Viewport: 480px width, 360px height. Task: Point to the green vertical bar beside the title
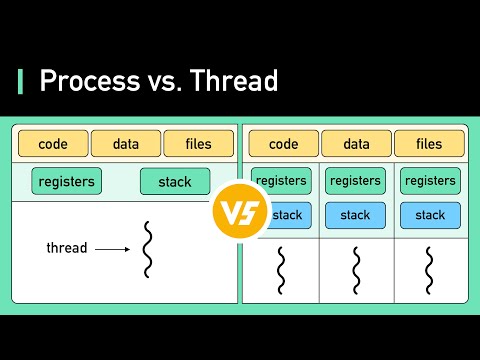pyautogui.click(x=20, y=81)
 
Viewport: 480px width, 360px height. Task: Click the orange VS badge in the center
pyautogui.click(x=240, y=209)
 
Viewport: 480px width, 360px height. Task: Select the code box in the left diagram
pyautogui.click(x=52, y=144)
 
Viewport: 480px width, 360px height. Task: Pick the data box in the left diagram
pyautogui.click(x=125, y=144)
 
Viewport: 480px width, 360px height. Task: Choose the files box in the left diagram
pyautogui.click(x=199, y=144)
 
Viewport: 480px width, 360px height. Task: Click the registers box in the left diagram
pyautogui.click(x=67, y=181)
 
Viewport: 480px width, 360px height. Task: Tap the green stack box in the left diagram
pyautogui.click(x=175, y=181)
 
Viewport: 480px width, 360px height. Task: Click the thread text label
pyautogui.click(x=67, y=248)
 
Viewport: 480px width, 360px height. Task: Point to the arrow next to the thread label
pyautogui.click(x=112, y=249)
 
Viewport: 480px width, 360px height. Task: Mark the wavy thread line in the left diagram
pyautogui.click(x=148, y=249)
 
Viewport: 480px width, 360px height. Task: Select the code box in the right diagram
pyautogui.click(x=283, y=144)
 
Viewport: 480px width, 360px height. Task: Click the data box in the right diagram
pyautogui.click(x=356, y=144)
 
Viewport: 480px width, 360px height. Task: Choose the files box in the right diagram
pyautogui.click(x=429, y=144)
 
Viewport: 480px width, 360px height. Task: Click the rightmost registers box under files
pyautogui.click(x=430, y=181)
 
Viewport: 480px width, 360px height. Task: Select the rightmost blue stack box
pyautogui.click(x=430, y=215)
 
